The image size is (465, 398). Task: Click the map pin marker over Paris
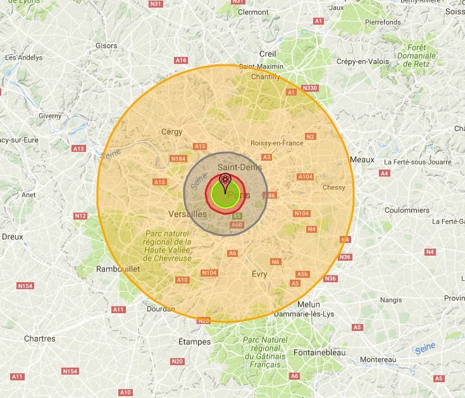[224, 183]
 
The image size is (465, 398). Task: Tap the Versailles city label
[188, 215]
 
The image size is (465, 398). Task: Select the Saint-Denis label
[235, 166]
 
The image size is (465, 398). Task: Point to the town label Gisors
[106, 46]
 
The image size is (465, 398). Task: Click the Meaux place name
[362, 160]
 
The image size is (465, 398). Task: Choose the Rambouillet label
[118, 269]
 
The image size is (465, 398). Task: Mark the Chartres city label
[39, 339]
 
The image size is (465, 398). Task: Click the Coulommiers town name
[407, 211]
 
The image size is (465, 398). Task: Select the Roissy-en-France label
[277, 143]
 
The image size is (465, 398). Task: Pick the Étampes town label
[194, 342]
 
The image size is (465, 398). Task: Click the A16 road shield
[181, 60]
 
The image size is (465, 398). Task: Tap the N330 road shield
[310, 88]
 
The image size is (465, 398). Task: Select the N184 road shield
[178, 158]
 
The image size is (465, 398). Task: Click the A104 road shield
[305, 177]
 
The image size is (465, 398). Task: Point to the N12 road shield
[80, 216]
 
